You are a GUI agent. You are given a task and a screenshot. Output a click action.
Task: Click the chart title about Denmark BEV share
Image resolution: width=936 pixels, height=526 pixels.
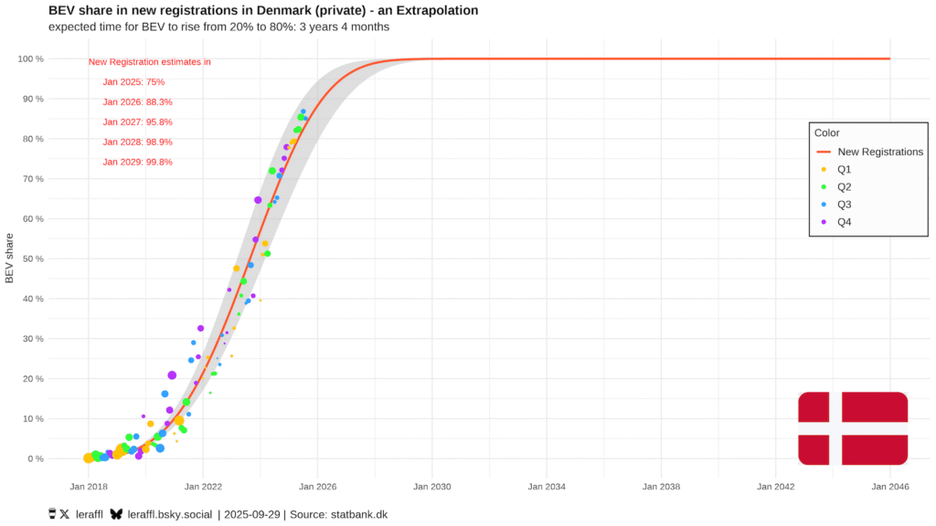263,10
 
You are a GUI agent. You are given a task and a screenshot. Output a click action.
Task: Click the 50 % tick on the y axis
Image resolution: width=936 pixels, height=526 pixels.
31,258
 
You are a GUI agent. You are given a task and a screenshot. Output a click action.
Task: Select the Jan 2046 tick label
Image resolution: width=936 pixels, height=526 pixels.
889,488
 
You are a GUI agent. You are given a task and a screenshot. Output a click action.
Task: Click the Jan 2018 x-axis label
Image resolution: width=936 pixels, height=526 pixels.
89,488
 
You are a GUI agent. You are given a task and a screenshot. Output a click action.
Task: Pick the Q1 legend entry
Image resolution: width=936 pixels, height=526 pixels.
845,169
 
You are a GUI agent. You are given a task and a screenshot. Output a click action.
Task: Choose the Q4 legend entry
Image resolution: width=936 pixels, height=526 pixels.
845,221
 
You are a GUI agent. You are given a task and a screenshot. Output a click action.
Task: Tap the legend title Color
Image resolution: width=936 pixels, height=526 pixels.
827,133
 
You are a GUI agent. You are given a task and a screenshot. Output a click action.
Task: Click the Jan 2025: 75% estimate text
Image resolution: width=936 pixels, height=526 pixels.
133,82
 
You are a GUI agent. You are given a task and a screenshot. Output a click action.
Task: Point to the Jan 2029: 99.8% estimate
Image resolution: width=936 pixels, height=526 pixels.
137,163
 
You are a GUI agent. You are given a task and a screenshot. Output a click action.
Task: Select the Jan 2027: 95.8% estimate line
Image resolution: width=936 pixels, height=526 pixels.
137,122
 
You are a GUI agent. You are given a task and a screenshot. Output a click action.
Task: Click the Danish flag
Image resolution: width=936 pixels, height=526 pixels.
852,427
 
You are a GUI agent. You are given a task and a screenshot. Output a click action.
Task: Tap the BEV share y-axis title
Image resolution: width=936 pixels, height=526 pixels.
10,258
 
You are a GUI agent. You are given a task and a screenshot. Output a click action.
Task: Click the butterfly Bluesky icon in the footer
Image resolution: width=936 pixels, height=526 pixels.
116,514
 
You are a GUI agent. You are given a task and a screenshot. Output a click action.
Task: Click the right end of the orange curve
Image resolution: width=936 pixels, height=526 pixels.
888,58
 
